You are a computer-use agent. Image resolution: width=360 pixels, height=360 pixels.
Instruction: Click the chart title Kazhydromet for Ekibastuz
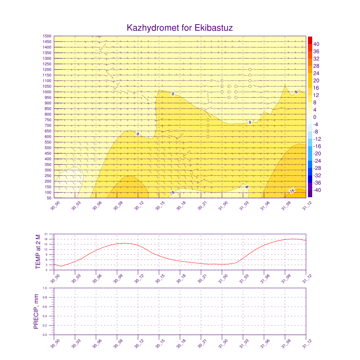180,28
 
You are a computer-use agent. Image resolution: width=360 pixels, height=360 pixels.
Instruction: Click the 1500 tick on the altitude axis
47,36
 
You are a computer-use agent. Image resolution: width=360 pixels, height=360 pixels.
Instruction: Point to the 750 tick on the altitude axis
48,120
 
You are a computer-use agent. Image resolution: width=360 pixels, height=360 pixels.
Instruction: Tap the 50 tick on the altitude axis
49,198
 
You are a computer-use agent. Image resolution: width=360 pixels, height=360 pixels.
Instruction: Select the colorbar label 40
316,44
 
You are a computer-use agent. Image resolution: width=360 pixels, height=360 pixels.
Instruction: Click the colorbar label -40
316,190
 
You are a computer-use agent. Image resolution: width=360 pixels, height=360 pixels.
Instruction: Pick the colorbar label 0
315,117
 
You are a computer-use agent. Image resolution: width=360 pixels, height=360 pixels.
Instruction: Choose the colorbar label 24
316,73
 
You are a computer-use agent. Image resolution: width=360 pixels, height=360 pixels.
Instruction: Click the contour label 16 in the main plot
292,191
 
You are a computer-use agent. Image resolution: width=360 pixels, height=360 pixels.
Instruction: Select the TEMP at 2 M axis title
38,252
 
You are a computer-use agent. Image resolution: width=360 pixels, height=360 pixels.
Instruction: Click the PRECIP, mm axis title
36,311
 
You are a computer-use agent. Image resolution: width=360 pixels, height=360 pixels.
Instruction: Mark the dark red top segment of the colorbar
310,40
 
